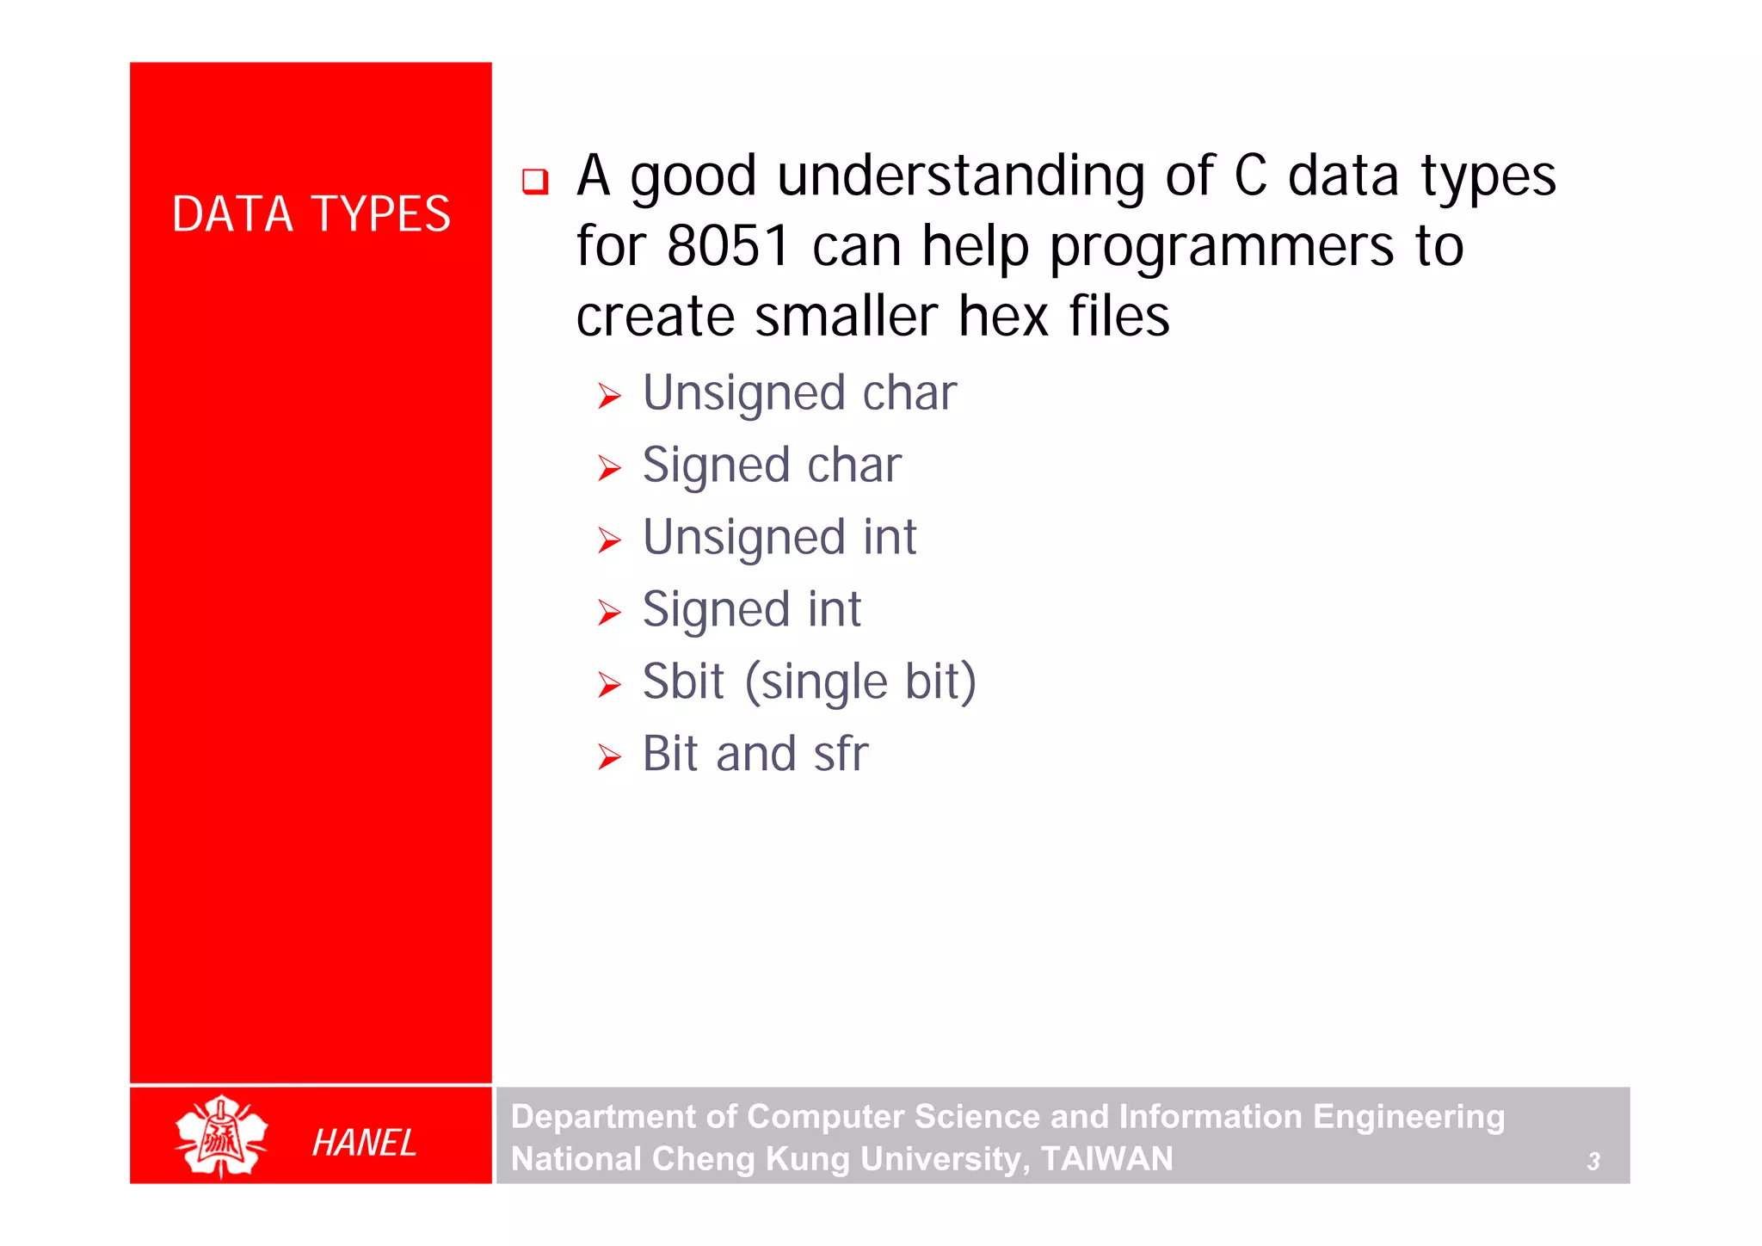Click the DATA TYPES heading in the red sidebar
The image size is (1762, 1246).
coord(311,214)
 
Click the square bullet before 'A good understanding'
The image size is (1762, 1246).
coord(535,181)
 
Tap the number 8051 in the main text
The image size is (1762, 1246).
coord(728,246)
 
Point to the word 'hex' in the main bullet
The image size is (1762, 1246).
coord(1003,317)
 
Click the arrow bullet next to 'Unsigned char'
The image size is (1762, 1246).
coord(609,396)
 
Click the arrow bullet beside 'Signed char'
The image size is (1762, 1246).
coord(609,468)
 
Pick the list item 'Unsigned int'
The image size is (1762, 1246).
coord(779,539)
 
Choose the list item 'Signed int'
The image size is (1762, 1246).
coord(751,611)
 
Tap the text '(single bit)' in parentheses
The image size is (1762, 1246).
coord(860,683)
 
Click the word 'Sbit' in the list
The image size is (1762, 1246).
coord(683,682)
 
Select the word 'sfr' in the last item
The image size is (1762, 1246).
coord(841,754)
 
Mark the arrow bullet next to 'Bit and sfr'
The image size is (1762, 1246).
coord(609,757)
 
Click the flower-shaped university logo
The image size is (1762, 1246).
coord(221,1136)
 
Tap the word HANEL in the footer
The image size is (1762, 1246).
coord(364,1143)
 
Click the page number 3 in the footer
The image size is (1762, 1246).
coord(1593,1162)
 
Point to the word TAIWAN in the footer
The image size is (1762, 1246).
coord(1106,1159)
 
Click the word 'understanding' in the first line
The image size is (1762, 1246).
coord(960,177)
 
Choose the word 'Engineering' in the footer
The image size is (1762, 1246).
coord(1408,1117)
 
